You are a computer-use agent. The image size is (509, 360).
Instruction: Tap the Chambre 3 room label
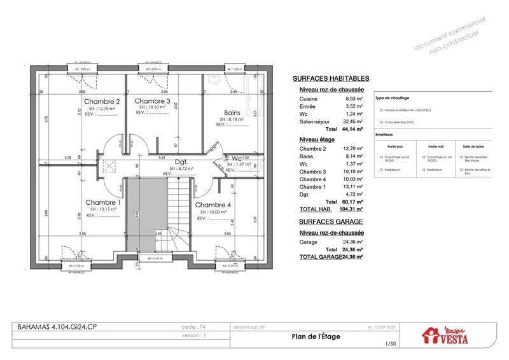(x=152, y=101)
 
